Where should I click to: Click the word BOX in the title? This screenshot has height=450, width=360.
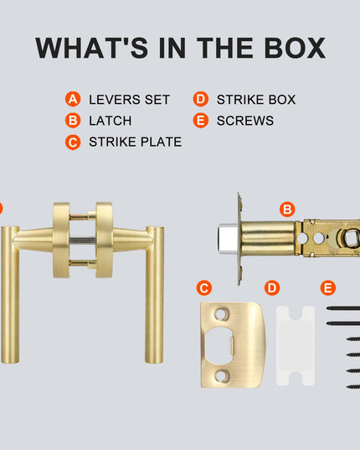click(296, 48)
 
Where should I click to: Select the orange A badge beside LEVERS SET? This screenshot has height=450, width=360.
click(73, 99)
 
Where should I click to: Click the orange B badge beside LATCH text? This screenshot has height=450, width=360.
click(73, 121)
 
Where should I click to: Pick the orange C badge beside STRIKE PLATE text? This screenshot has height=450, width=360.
click(73, 142)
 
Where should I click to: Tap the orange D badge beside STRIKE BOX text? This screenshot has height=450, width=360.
click(201, 99)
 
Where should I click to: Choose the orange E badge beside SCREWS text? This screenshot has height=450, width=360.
click(201, 121)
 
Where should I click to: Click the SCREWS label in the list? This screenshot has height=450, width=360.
click(245, 121)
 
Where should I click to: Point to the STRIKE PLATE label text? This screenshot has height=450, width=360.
click(136, 142)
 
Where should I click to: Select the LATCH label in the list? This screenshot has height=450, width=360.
click(111, 121)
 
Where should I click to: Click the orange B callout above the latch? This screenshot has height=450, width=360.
click(287, 209)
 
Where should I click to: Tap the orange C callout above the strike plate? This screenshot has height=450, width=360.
click(204, 288)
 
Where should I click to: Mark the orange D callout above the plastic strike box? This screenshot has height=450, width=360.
click(272, 288)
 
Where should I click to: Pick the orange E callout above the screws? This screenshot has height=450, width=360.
click(328, 288)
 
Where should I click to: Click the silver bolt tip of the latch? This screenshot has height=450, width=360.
click(228, 239)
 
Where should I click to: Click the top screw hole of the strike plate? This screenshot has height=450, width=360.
click(221, 314)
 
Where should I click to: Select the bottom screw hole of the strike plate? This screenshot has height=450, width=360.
click(222, 375)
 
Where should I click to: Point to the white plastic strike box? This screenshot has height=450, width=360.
click(296, 346)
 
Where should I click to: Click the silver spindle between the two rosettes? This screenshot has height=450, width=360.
click(83, 241)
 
